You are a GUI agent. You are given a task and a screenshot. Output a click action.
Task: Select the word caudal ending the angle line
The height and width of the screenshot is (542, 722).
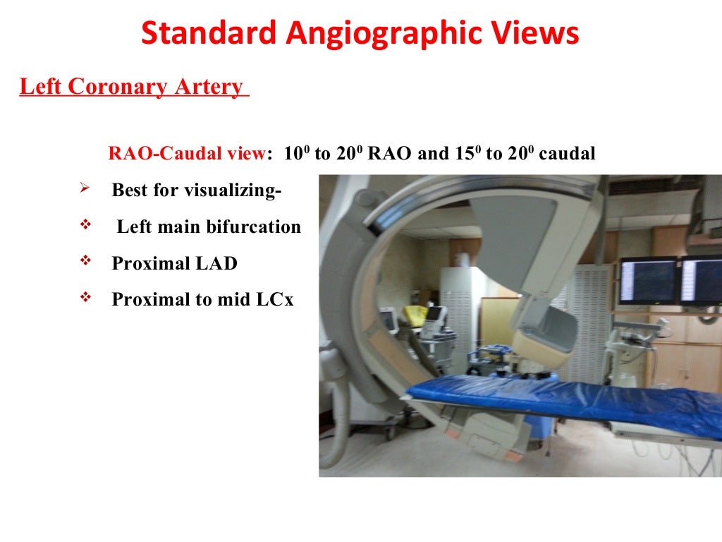[567, 154]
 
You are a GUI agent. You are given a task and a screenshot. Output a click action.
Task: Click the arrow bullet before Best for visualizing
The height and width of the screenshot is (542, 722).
[84, 188]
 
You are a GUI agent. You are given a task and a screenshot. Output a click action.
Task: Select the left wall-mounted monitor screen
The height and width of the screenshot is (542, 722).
[647, 280]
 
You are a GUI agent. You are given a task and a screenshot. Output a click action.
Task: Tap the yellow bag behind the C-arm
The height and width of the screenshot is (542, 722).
[415, 315]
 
